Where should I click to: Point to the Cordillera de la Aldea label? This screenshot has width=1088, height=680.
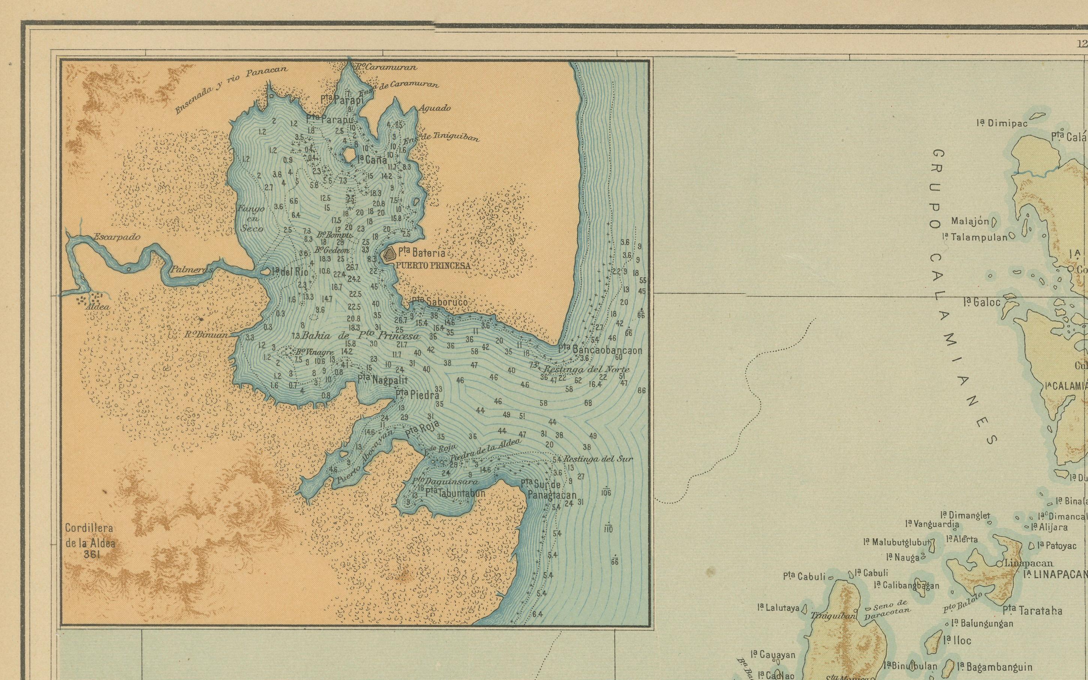point(90,535)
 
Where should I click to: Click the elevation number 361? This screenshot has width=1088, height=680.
point(92,555)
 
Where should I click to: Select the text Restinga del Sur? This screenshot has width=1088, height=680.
point(598,459)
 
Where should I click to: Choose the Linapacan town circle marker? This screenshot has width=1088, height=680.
point(998,563)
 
